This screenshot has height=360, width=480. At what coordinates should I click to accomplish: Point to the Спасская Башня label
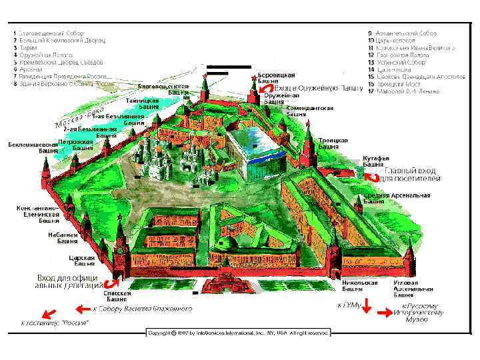(118, 297)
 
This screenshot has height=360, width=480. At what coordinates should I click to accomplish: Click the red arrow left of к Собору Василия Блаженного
(83, 309)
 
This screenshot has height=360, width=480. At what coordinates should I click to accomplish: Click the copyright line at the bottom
(239, 332)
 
